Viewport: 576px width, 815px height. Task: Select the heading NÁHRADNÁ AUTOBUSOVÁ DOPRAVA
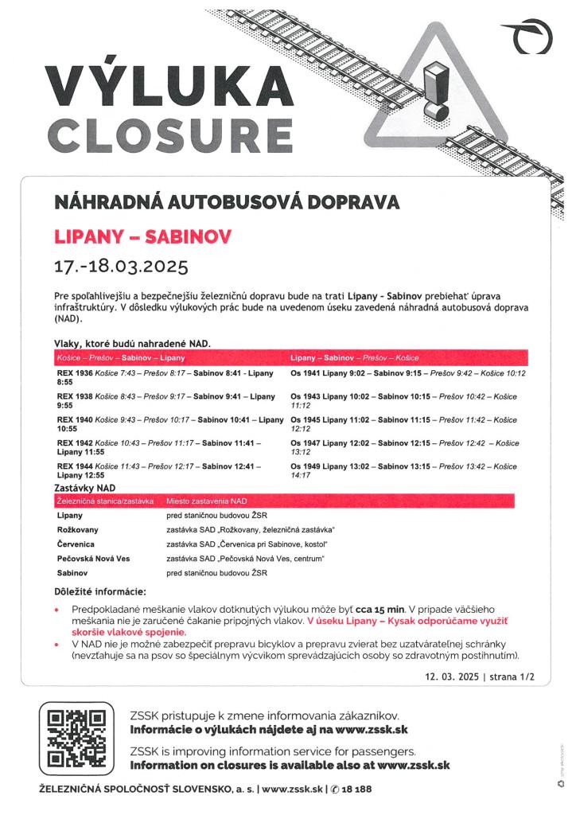(x=227, y=202)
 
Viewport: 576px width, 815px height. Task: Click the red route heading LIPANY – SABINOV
(x=143, y=236)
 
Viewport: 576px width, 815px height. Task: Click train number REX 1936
(x=75, y=373)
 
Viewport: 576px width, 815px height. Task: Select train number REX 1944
(x=75, y=466)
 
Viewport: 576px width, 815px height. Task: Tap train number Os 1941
(x=306, y=373)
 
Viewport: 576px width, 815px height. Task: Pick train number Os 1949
(x=306, y=466)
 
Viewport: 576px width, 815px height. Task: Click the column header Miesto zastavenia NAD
(x=207, y=501)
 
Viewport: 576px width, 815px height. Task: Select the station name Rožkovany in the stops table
(x=78, y=530)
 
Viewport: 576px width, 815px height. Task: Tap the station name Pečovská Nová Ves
(x=94, y=559)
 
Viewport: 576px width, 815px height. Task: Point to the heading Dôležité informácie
(x=100, y=591)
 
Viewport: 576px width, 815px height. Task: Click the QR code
(x=76, y=739)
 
